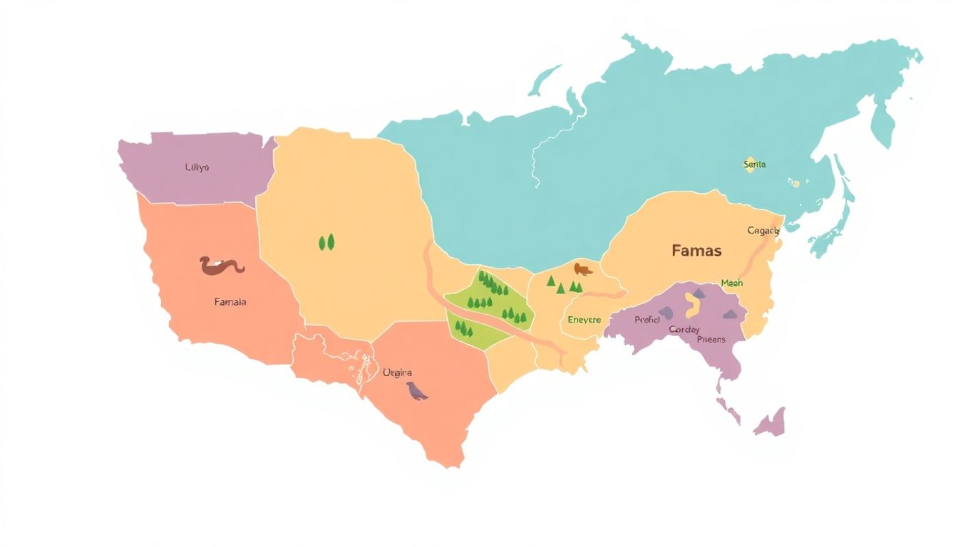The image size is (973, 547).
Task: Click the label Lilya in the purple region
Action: coord(197,167)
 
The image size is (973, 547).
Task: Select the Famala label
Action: coord(230,302)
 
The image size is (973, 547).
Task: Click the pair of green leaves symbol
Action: coord(327,242)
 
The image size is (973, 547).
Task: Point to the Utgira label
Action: coord(397,373)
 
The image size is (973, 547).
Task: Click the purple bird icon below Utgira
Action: coord(416,391)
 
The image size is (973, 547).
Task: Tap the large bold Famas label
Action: coord(696,251)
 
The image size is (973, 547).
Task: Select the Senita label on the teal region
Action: coord(754,165)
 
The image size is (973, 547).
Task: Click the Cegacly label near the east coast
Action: coord(763,231)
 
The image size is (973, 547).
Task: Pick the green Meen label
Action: coord(731,283)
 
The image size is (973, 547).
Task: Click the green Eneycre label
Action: coord(585,321)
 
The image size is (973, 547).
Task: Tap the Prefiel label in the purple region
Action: coord(647,320)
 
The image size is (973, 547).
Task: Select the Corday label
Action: coord(684,330)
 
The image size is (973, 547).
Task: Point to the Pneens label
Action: coord(711,340)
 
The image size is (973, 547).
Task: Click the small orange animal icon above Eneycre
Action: coord(582,269)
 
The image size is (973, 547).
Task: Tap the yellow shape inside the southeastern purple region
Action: coord(691,305)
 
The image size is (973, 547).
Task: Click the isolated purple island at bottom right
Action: coord(771,423)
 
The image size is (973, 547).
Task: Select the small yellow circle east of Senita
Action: coord(795,183)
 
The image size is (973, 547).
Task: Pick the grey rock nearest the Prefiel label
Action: coord(666,312)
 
